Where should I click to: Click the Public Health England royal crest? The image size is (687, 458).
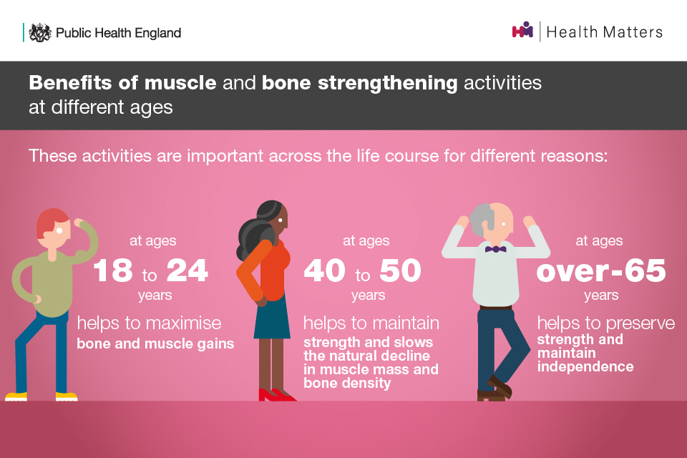pyautogui.click(x=40, y=32)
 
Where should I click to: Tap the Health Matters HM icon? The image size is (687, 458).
pyautogui.click(x=522, y=30)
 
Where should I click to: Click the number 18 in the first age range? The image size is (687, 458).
pyautogui.click(x=113, y=270)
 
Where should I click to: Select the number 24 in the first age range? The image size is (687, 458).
pyautogui.click(x=187, y=270)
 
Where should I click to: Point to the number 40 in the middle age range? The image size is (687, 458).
pyautogui.click(x=325, y=270)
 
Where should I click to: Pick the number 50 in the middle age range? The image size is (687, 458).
pyautogui.click(x=400, y=270)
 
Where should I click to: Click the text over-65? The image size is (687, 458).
pyautogui.click(x=600, y=271)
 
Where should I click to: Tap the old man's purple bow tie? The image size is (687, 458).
pyautogui.click(x=495, y=249)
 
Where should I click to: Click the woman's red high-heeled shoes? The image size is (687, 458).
pyautogui.click(x=276, y=394)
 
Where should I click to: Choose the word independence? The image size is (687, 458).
pyautogui.click(x=585, y=366)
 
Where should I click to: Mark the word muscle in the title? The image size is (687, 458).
pyautogui.click(x=180, y=82)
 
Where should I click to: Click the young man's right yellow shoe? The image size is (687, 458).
pyautogui.click(x=67, y=396)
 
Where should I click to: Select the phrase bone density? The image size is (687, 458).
pyautogui.click(x=347, y=383)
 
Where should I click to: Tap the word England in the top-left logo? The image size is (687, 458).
pyautogui.click(x=157, y=33)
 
